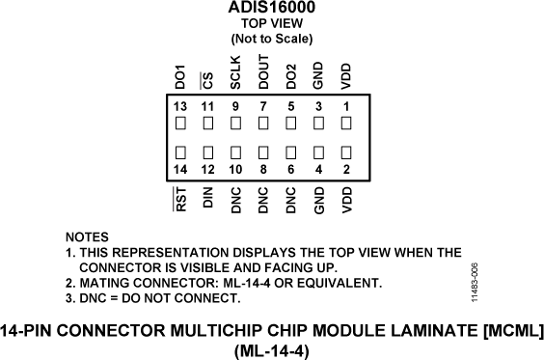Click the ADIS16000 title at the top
[x=272, y=8]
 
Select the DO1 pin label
[x=180, y=74]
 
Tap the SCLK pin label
[x=235, y=71]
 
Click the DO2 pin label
[x=291, y=74]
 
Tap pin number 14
[x=180, y=170]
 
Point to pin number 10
[x=235, y=170]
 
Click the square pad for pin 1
[x=346, y=123]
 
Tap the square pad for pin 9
[x=235, y=123]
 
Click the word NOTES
[x=87, y=236]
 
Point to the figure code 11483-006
[x=475, y=282]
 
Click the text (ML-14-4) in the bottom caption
[x=271, y=350]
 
